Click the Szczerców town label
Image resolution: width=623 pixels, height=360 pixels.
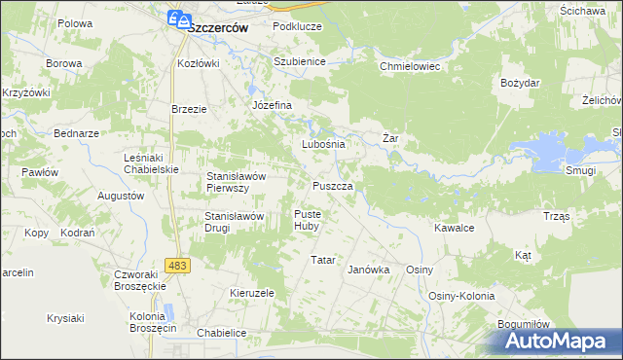216,28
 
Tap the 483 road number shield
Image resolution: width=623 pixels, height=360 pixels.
177,265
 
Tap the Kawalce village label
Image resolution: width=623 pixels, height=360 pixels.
454,228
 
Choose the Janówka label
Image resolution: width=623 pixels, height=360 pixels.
369,270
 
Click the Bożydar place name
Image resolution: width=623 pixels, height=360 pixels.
520,83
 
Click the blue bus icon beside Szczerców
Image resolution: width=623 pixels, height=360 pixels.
177,18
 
